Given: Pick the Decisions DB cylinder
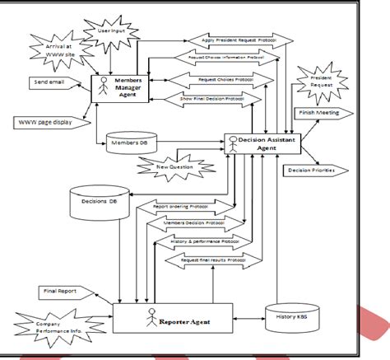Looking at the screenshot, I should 100,199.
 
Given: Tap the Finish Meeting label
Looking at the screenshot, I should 318,112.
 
